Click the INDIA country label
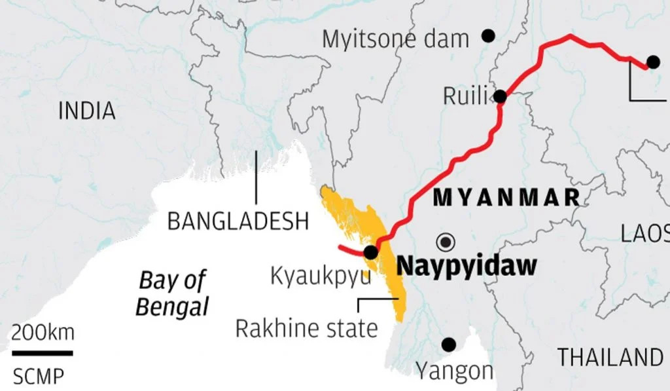coord(87,111)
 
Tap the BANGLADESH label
coord(238,221)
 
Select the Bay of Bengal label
coord(173,293)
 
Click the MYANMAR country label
coord(507,197)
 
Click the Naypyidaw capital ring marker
coord(447,241)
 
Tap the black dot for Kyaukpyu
coord(370,252)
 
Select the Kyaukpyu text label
coord(320,276)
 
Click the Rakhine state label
coord(306,328)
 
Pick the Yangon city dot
coord(449,344)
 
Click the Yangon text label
coord(455,371)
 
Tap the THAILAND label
coord(610,358)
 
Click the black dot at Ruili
coord(501,97)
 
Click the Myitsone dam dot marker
coord(488,35)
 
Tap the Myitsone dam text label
coord(395,39)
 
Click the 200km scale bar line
coord(42,353)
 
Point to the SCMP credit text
coord(39,377)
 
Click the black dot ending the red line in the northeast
coord(652,62)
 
